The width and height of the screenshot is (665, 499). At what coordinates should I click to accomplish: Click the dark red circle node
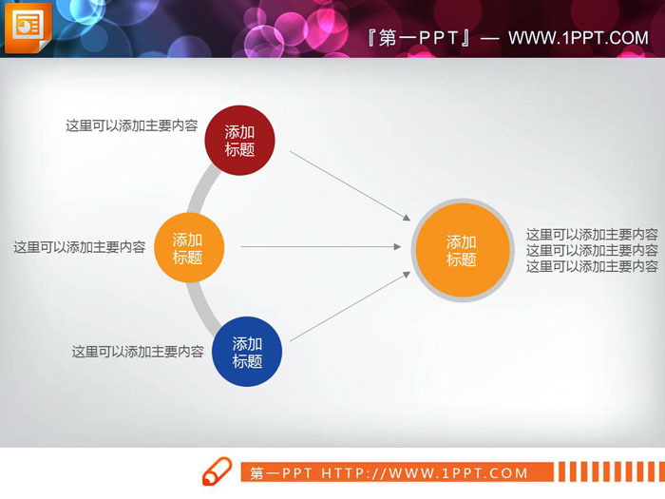click(239, 141)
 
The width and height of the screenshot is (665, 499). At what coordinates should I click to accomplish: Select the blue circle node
click(247, 353)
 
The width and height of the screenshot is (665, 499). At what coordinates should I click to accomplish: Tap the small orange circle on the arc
click(188, 248)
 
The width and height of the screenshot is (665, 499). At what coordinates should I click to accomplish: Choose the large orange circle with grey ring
click(462, 251)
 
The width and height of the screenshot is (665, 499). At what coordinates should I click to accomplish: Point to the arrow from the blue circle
click(350, 307)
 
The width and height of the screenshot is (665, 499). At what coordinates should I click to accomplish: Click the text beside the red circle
click(131, 125)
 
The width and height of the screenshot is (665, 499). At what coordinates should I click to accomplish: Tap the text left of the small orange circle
click(79, 247)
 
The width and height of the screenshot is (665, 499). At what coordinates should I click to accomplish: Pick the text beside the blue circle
click(138, 352)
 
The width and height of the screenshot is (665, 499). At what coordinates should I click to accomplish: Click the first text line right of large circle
click(592, 234)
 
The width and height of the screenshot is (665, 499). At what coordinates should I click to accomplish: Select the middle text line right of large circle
click(592, 250)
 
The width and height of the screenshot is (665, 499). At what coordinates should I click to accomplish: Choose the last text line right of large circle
click(592, 266)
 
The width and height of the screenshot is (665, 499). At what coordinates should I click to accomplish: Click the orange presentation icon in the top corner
click(26, 28)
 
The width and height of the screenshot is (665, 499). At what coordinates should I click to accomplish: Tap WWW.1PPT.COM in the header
click(578, 38)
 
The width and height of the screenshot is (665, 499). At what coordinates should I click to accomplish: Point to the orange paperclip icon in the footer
click(217, 471)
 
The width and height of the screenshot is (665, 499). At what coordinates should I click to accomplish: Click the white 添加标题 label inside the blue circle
click(247, 353)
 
